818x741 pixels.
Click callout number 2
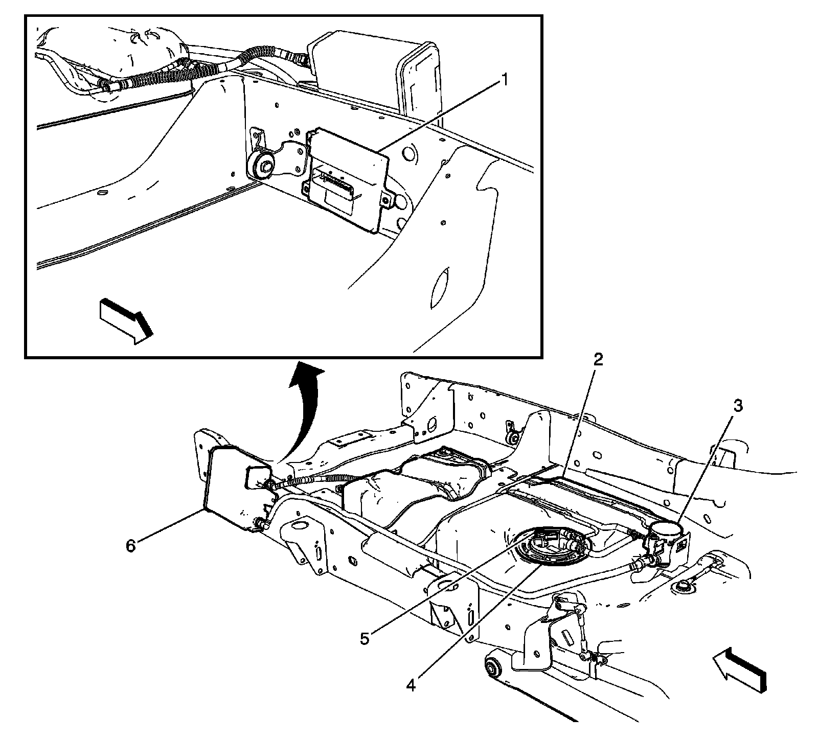pos(598,360)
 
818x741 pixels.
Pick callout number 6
pos(131,546)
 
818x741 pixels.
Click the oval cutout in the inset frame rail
pos(440,288)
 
